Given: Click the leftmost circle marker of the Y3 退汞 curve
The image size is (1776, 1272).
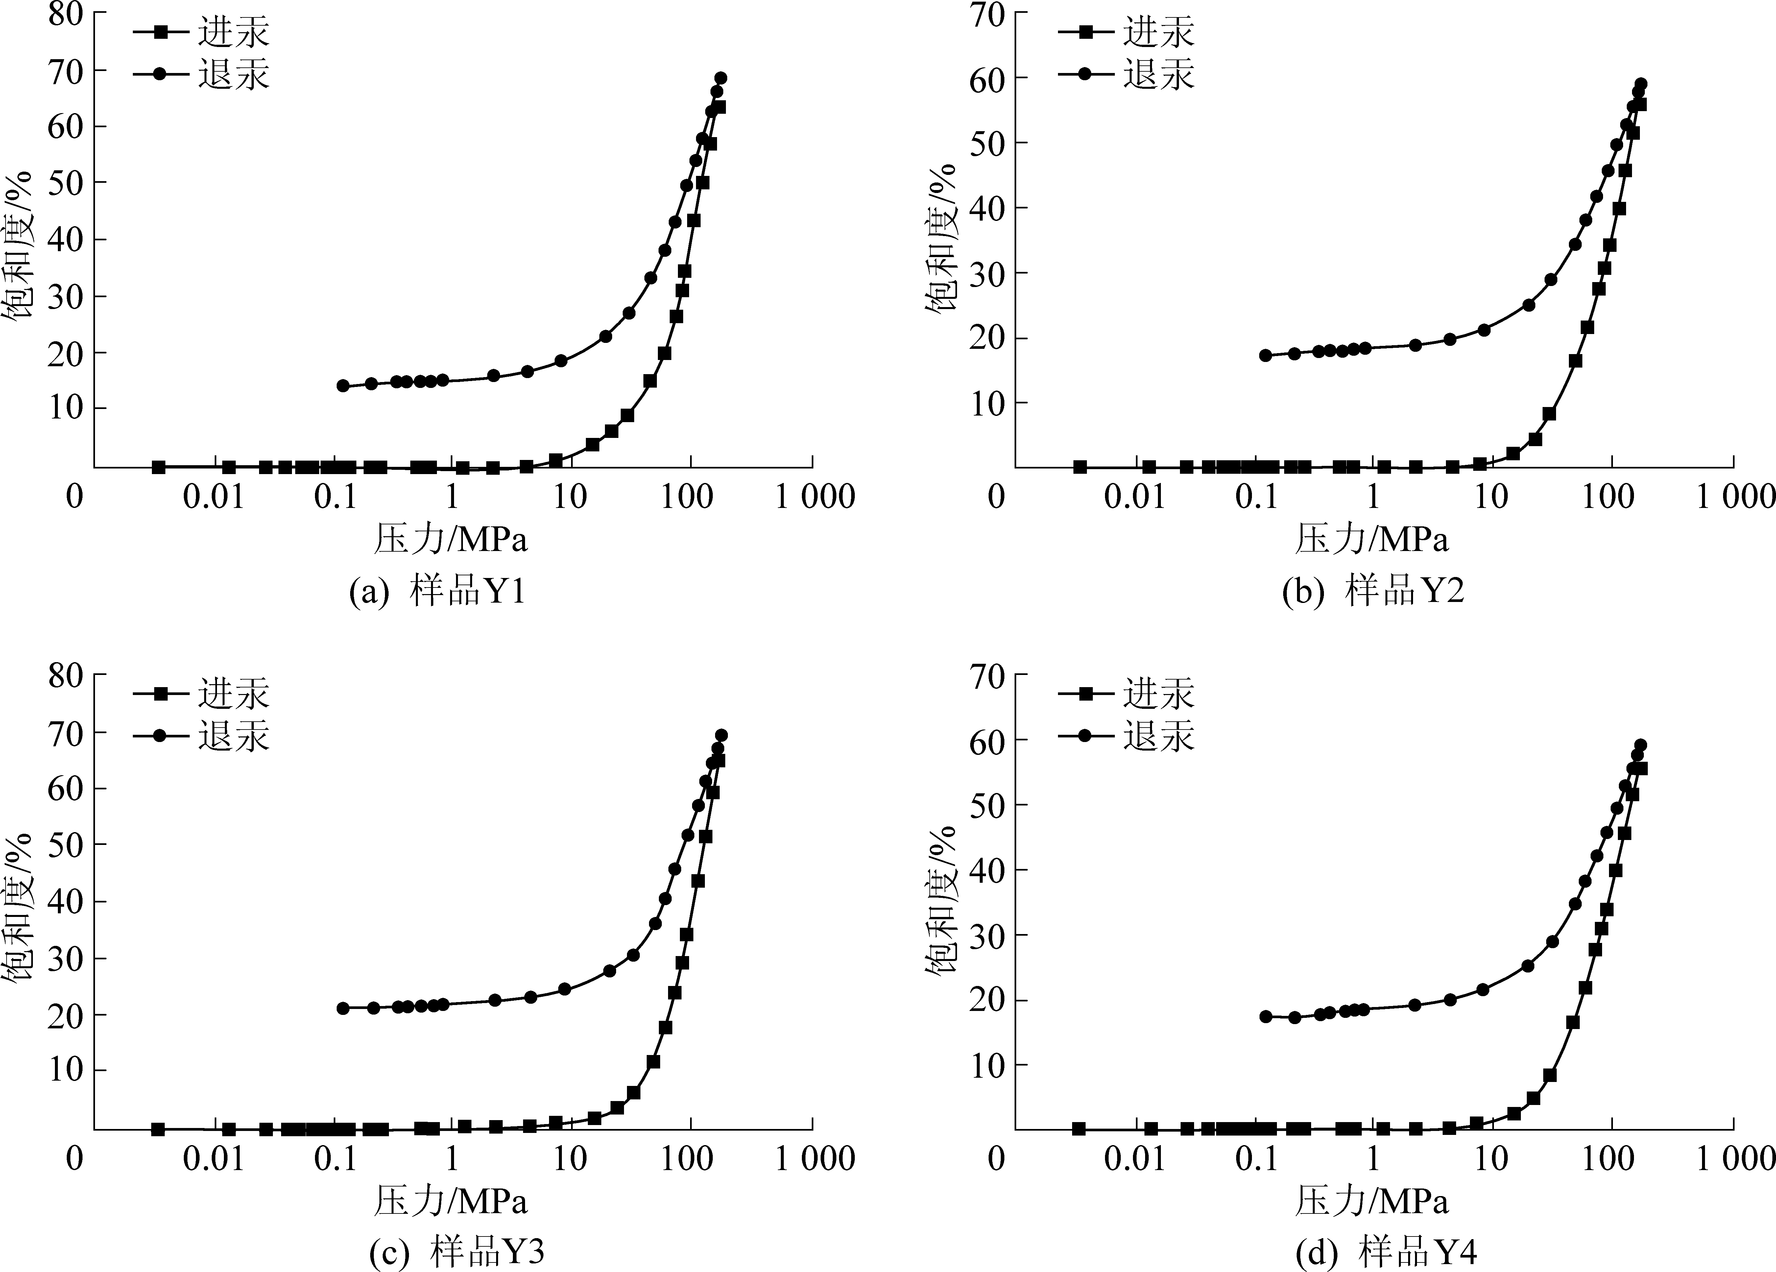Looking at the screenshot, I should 343,1008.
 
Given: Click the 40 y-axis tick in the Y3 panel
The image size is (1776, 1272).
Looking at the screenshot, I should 66,901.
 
